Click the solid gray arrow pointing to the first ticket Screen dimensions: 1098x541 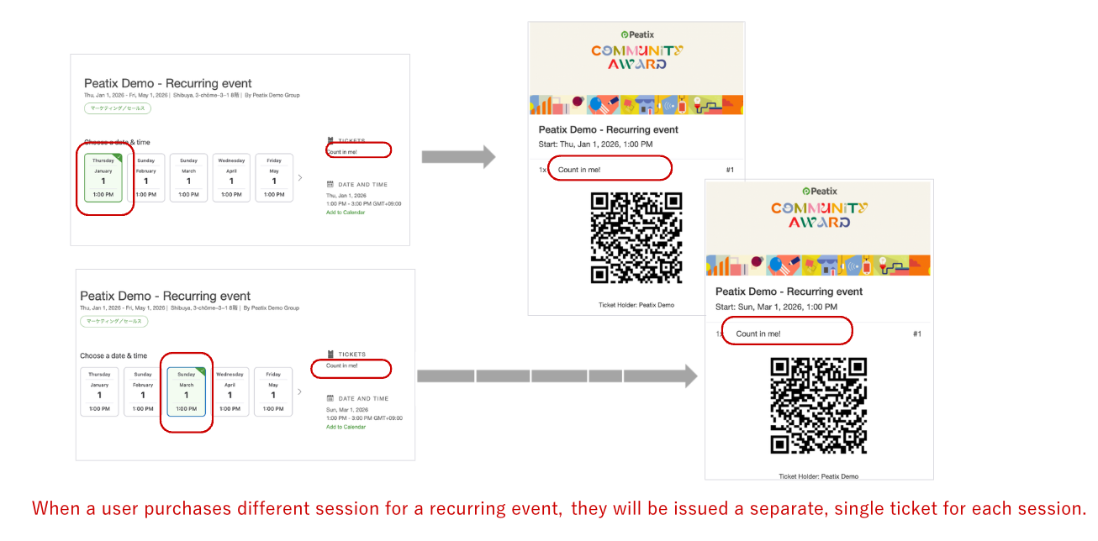457,156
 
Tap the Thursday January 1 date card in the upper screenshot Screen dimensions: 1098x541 103,178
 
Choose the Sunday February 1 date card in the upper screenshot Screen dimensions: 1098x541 145,178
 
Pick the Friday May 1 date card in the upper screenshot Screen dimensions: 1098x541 274,178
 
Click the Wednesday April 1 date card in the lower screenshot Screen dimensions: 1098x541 230,391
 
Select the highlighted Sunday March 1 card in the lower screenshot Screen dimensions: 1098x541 186,391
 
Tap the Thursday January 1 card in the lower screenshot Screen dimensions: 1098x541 99,391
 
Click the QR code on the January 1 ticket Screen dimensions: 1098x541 636,238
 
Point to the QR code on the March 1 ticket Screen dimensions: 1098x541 818,405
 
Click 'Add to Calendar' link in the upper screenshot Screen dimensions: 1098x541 346,213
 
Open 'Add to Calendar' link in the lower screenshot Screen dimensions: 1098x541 346,427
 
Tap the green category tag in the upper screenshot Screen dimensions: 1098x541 118,108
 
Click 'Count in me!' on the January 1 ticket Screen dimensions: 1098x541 579,170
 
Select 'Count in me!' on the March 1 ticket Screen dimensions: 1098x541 758,334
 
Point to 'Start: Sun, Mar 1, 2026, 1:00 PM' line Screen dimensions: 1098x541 776,307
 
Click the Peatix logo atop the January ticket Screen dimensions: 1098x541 637,34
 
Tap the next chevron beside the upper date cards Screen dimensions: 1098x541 301,178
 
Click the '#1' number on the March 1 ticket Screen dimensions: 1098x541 917,334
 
